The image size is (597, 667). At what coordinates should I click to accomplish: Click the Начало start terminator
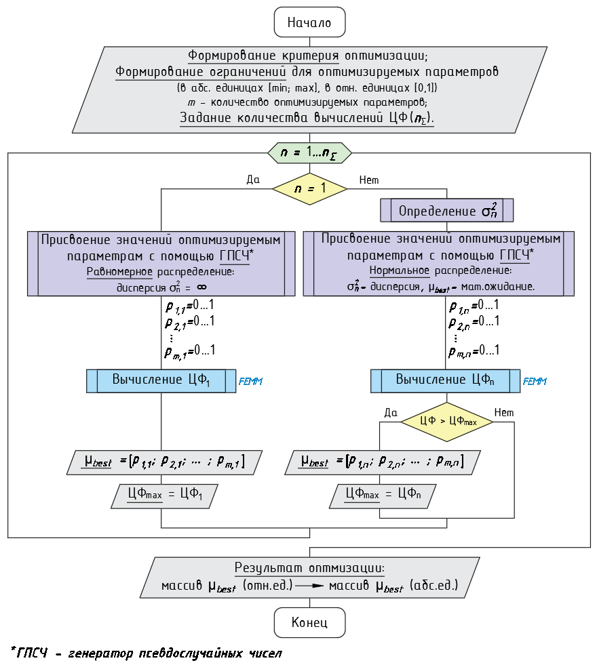309,23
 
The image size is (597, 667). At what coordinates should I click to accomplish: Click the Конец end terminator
309,622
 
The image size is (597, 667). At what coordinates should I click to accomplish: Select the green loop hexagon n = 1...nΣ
309,153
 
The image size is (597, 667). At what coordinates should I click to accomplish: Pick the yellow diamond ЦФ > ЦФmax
447,421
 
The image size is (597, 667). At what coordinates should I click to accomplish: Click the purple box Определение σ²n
447,210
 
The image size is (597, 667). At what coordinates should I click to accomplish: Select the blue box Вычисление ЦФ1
161,381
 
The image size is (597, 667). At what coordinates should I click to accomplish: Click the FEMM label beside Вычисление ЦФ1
250,382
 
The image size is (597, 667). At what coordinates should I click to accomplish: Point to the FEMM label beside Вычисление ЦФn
535,382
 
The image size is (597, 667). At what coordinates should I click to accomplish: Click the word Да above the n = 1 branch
253,180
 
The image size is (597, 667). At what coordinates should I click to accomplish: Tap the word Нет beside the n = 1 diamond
368,180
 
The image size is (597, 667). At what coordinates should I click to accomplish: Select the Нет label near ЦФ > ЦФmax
504,412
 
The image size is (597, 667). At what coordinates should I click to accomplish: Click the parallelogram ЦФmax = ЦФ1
165,495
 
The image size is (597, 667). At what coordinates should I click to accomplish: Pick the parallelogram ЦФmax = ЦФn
384,495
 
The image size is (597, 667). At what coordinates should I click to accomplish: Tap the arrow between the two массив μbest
310,585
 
